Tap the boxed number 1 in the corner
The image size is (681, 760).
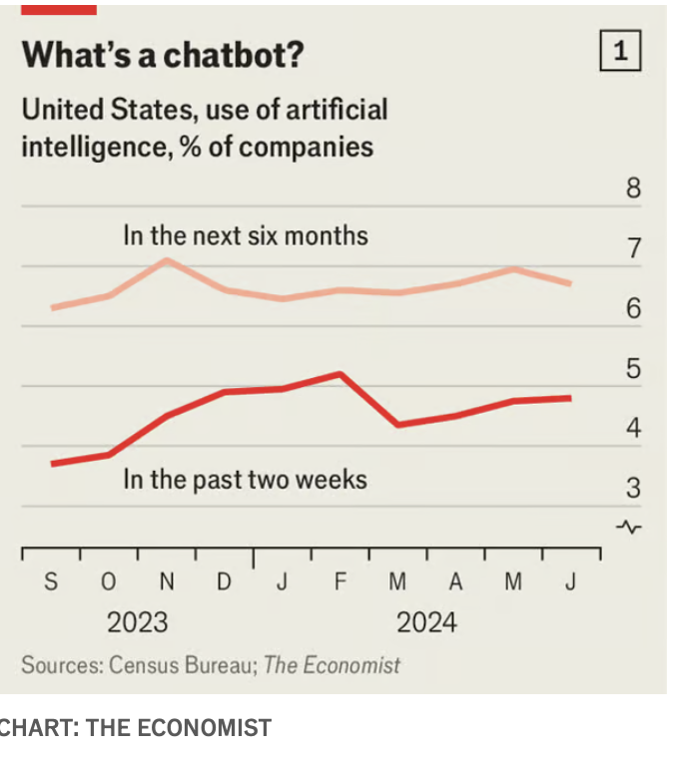point(619,51)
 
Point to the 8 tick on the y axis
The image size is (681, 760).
point(633,189)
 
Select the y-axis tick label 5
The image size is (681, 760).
point(633,369)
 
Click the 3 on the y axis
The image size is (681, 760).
point(633,489)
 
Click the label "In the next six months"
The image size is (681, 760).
point(246,236)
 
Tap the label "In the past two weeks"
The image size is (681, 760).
point(245,480)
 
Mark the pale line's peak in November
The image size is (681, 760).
point(167,260)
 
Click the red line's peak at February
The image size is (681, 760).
point(340,374)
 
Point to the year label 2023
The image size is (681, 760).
point(138,623)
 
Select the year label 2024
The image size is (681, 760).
point(426,623)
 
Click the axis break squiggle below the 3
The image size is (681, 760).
point(630,526)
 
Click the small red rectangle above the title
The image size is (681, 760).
point(59,9)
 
